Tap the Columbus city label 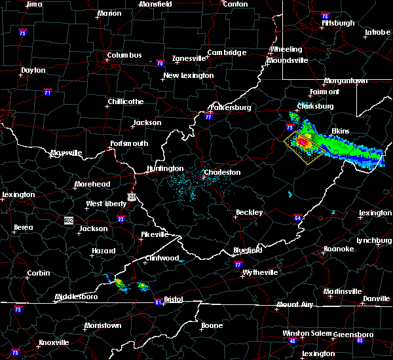pyautogui.click(x=124, y=56)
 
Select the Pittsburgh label pyautogui.click(x=338, y=24)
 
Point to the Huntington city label pyautogui.click(x=165, y=168)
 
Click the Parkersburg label pyautogui.click(x=230, y=107)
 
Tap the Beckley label pyautogui.click(x=249, y=213)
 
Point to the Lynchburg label pyautogui.click(x=374, y=240)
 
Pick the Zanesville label pyautogui.click(x=190, y=58)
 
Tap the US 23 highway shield pyautogui.click(x=132, y=196)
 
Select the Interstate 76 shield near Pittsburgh pyautogui.click(x=325, y=16)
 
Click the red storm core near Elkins pyautogui.click(x=303, y=140)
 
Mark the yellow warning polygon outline pyautogui.click(x=285, y=139)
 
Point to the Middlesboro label pyautogui.click(x=77, y=297)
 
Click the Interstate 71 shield pyautogui.click(x=47, y=92)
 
